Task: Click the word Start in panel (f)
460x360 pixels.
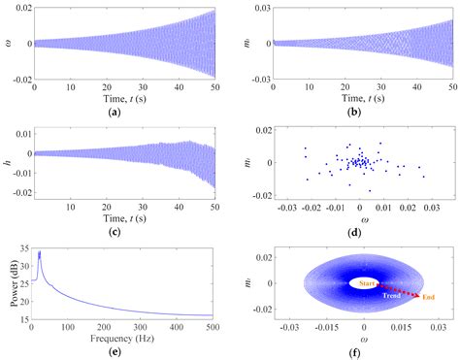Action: (366, 282)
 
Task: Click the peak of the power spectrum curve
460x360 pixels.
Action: (39, 254)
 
